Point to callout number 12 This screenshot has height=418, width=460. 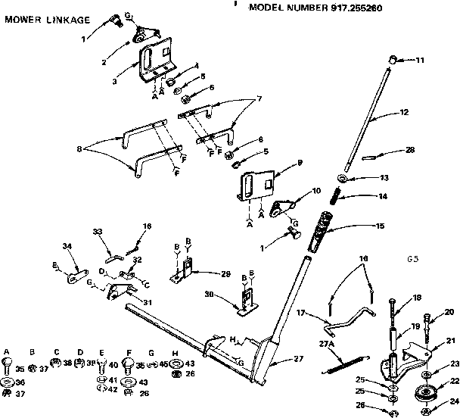click(x=404, y=112)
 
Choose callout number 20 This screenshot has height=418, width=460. click(x=449, y=311)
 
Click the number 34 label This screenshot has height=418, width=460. click(x=67, y=247)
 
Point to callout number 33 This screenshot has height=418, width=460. click(x=97, y=231)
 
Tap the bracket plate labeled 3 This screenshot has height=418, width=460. click(x=157, y=64)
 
